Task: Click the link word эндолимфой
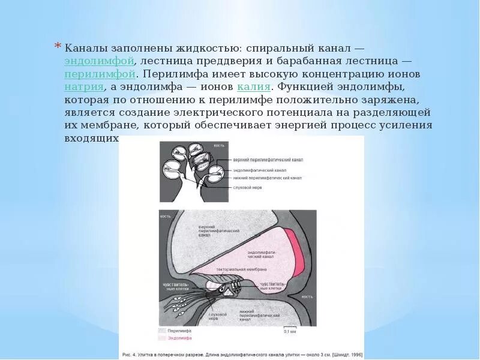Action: click(99, 61)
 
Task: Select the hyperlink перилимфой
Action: click(99, 74)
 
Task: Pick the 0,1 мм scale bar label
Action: click(290, 331)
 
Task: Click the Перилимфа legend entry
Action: click(178, 331)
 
